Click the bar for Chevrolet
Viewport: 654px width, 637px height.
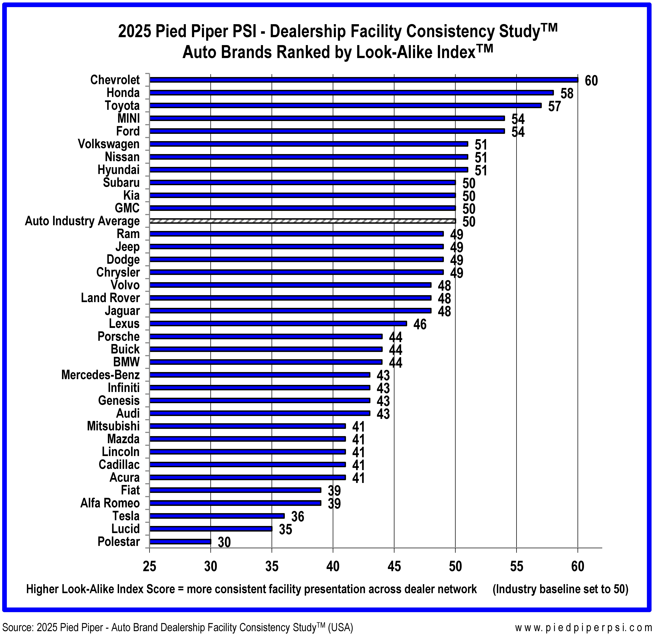(x=364, y=80)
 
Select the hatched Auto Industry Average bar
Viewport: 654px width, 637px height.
(x=302, y=221)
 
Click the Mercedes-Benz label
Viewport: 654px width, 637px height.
(x=100, y=375)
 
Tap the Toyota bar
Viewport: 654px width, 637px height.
(x=345, y=105)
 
